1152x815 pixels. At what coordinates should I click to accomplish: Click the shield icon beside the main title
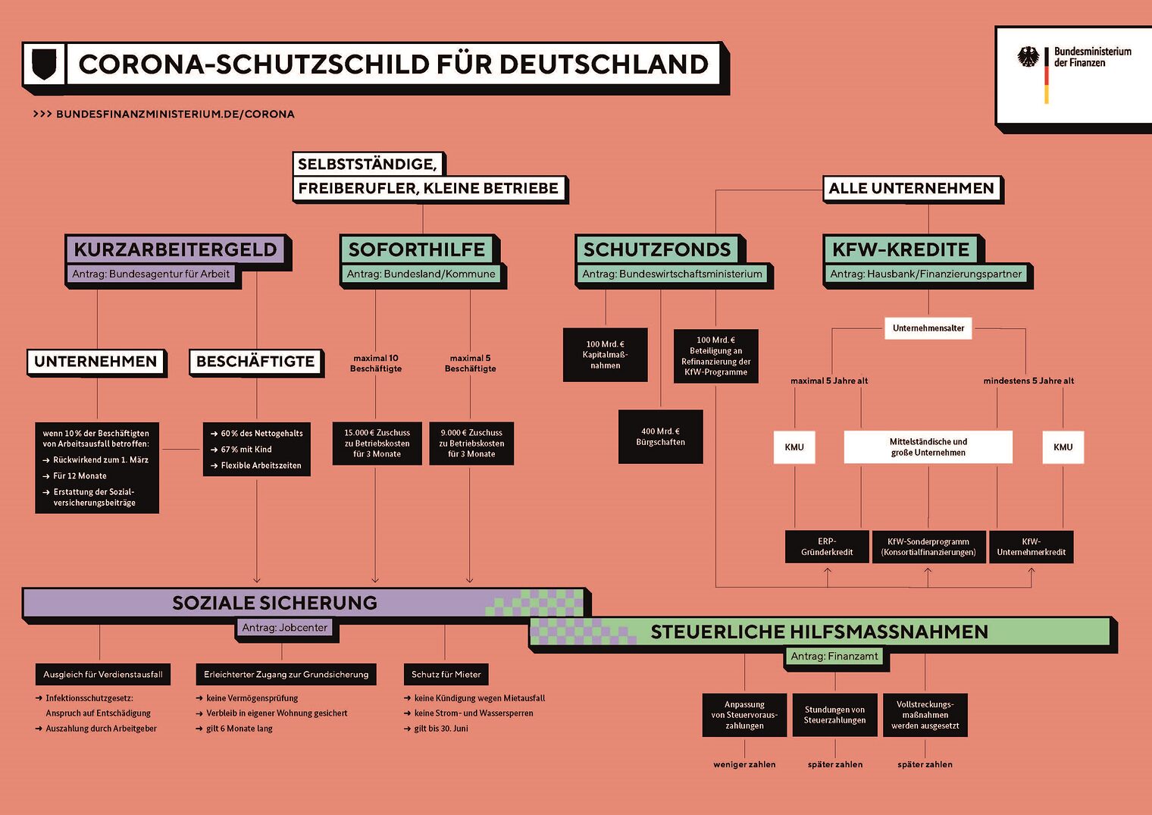click(44, 64)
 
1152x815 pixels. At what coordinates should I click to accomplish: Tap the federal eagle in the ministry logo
click(1028, 57)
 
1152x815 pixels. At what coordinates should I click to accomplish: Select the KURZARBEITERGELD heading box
click(175, 249)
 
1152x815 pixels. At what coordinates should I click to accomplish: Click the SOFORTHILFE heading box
click(416, 249)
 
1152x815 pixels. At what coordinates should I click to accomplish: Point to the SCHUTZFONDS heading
click(656, 249)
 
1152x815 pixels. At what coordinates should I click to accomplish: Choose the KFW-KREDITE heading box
click(900, 249)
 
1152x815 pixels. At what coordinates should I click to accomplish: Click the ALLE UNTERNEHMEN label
click(911, 188)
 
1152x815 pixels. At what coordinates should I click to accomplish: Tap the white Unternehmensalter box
click(928, 328)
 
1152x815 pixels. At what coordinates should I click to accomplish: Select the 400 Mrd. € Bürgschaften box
click(660, 437)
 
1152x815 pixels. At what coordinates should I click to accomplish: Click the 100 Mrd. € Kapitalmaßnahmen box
click(605, 355)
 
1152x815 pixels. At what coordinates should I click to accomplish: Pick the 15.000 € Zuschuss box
click(377, 444)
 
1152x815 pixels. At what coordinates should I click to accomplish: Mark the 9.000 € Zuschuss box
click(471, 444)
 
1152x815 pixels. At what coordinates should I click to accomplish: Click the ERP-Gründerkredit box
click(827, 547)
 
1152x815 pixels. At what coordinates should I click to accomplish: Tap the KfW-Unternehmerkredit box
click(1031, 547)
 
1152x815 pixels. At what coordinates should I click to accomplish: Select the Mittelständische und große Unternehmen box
click(928, 447)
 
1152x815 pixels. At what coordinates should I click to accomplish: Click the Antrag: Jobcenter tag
click(284, 628)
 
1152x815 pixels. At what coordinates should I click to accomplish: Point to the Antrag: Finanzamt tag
click(834, 657)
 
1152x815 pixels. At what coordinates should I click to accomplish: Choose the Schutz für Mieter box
click(446, 674)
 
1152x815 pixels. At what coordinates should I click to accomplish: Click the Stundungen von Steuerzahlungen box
click(834, 715)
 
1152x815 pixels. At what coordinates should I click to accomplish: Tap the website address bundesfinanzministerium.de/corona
click(174, 114)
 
